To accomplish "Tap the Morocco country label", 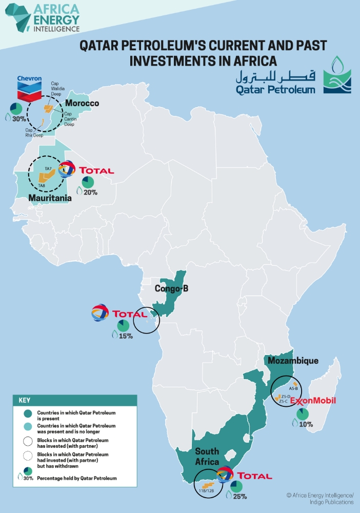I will pos(82,104).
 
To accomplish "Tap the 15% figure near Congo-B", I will pos(126,336).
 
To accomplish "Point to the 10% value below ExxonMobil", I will pos(306,424).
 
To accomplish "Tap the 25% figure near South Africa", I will pos(240,497).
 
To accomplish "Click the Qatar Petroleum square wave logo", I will pos(337,75).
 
